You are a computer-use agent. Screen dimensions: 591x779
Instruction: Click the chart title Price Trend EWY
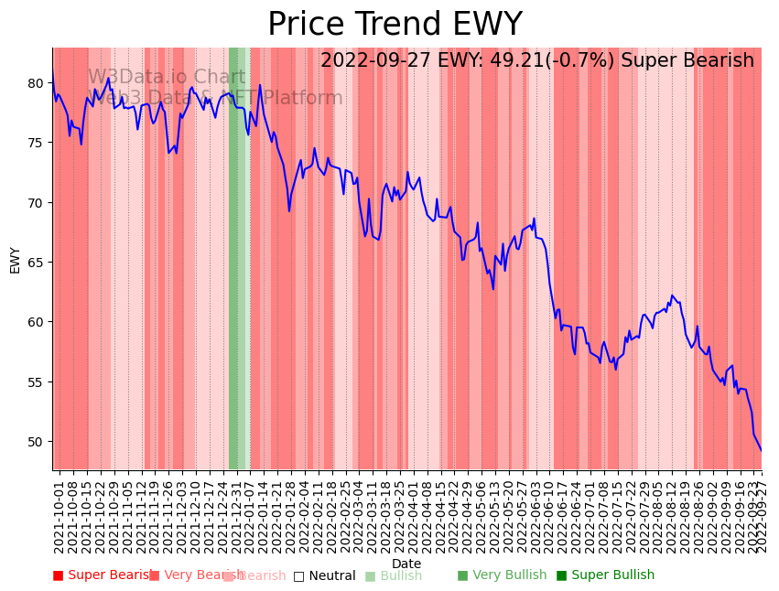point(395,25)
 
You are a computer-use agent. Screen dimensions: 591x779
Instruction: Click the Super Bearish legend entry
point(103,575)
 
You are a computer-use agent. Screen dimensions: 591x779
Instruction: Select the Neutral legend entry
point(324,575)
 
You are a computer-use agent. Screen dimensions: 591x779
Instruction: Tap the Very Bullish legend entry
point(502,575)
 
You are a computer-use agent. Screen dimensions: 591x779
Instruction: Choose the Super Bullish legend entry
point(605,575)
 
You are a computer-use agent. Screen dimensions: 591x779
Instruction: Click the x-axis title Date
point(406,564)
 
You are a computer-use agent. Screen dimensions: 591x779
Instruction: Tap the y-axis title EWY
point(16,260)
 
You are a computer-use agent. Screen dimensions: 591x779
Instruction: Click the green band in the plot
point(234,274)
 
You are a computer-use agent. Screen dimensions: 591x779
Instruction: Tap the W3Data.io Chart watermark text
point(167,78)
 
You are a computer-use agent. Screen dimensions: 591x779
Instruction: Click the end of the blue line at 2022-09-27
point(761,450)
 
